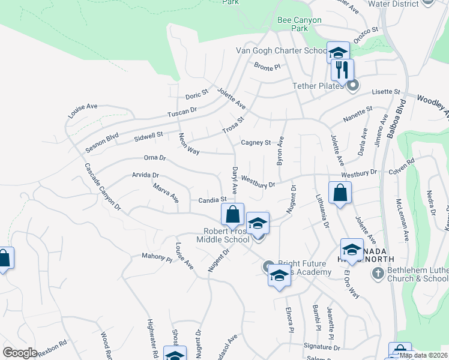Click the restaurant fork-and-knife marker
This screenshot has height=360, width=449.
[x=342, y=69]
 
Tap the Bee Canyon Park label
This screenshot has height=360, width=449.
[x=300, y=24]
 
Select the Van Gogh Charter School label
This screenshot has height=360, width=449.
[x=281, y=51]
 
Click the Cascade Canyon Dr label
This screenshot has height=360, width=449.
[x=102, y=187]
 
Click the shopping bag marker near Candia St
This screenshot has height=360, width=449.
[x=232, y=214]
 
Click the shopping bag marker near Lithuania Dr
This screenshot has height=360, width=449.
[x=340, y=193]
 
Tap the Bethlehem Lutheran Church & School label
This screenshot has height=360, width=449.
[x=418, y=274]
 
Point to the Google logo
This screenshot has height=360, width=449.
[x=20, y=352]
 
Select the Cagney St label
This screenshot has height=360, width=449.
[x=256, y=143]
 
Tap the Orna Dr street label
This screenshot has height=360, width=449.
[x=154, y=158]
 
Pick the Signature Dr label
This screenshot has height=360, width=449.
[x=322, y=347]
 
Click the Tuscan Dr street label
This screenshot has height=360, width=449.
[x=182, y=111]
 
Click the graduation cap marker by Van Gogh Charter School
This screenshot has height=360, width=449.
[x=338, y=52]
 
